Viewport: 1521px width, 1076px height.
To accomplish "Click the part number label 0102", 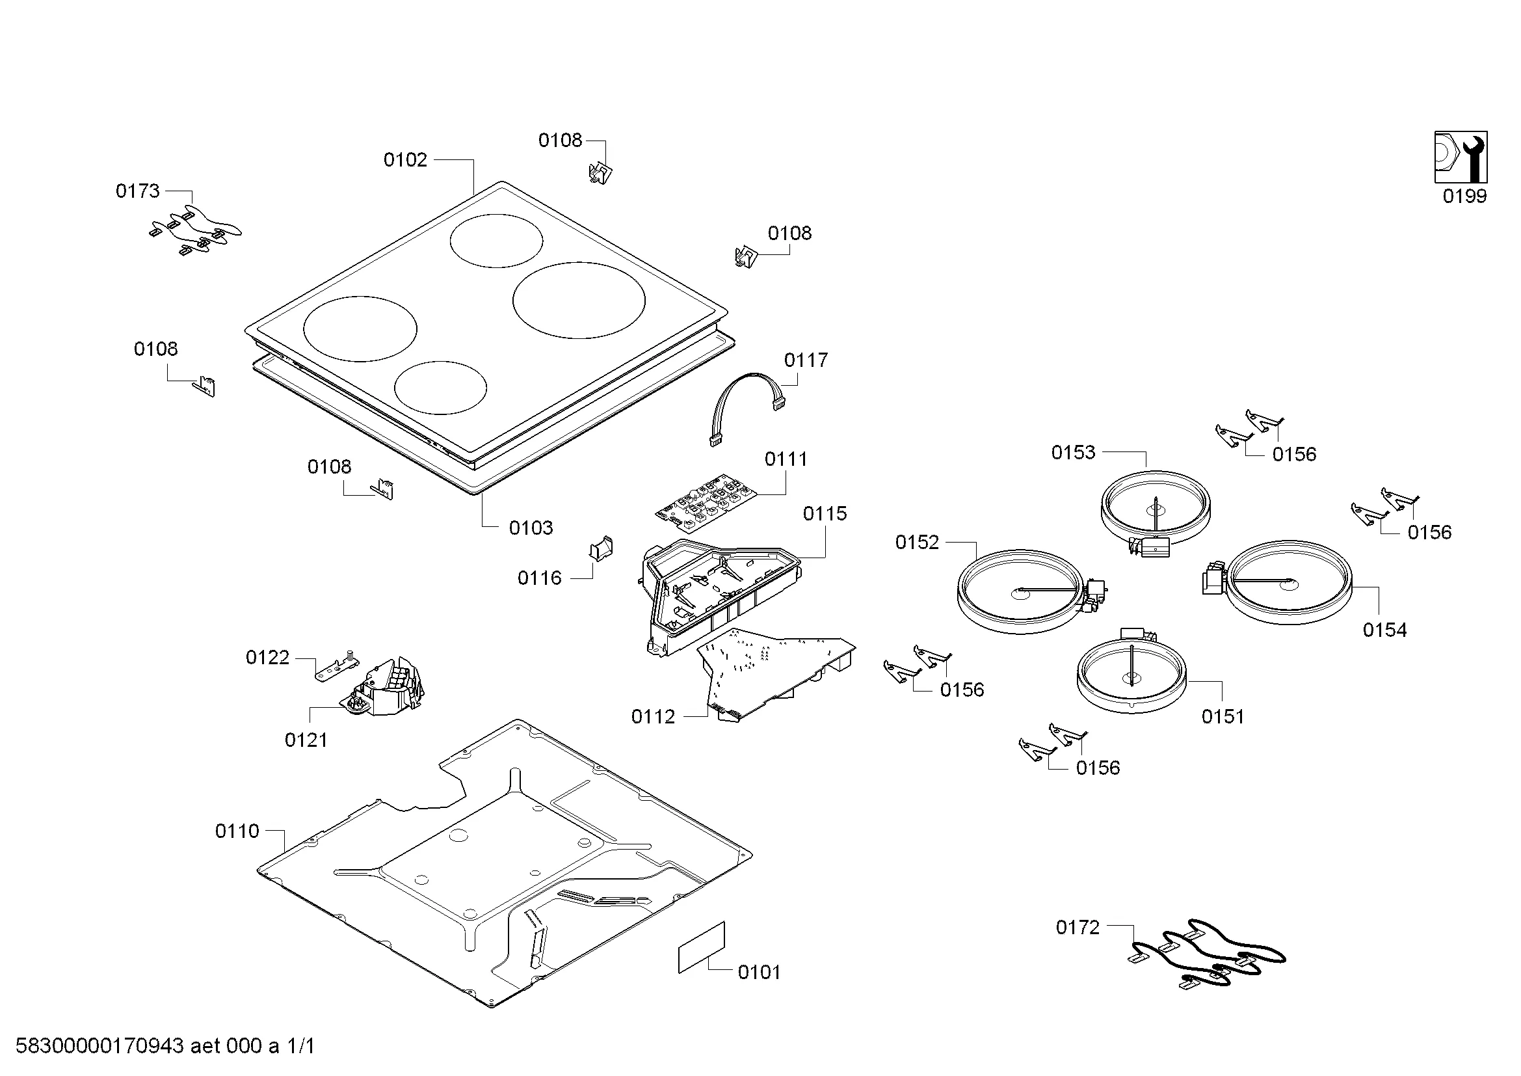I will pos(404,159).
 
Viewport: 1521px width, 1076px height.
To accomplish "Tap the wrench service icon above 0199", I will pos(1460,157).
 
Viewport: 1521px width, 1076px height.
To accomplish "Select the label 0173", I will pos(138,191).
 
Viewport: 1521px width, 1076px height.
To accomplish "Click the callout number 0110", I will pos(237,831).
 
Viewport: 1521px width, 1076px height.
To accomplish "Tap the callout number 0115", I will pos(825,513).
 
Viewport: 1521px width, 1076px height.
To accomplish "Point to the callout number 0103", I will pos(531,528).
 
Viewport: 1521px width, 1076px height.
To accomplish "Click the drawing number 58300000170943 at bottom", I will pos(99,1046).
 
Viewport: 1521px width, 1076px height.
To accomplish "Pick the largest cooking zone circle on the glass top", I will pos(578,300).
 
